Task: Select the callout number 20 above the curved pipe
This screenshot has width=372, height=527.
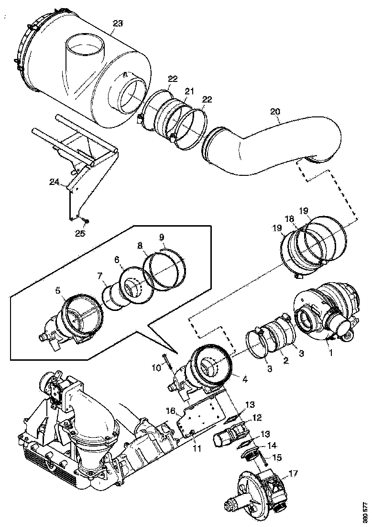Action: [275, 111]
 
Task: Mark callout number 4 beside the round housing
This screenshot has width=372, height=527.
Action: [244, 378]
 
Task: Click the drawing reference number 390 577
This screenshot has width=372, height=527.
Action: [366, 513]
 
